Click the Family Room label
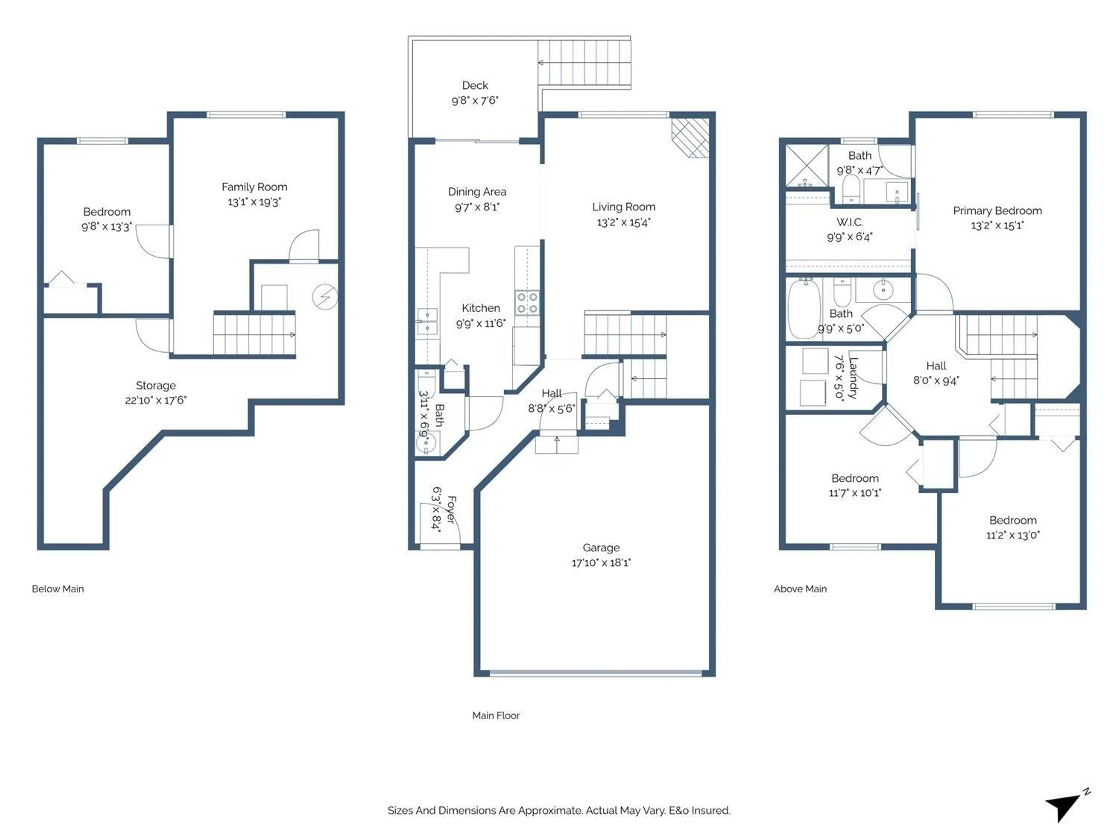point(254,187)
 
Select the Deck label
point(475,85)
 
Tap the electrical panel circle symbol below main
point(325,297)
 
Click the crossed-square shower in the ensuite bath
point(807,165)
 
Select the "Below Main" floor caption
point(58,589)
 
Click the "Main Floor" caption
point(496,715)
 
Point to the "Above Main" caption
point(800,589)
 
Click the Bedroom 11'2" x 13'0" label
point(1013,520)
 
